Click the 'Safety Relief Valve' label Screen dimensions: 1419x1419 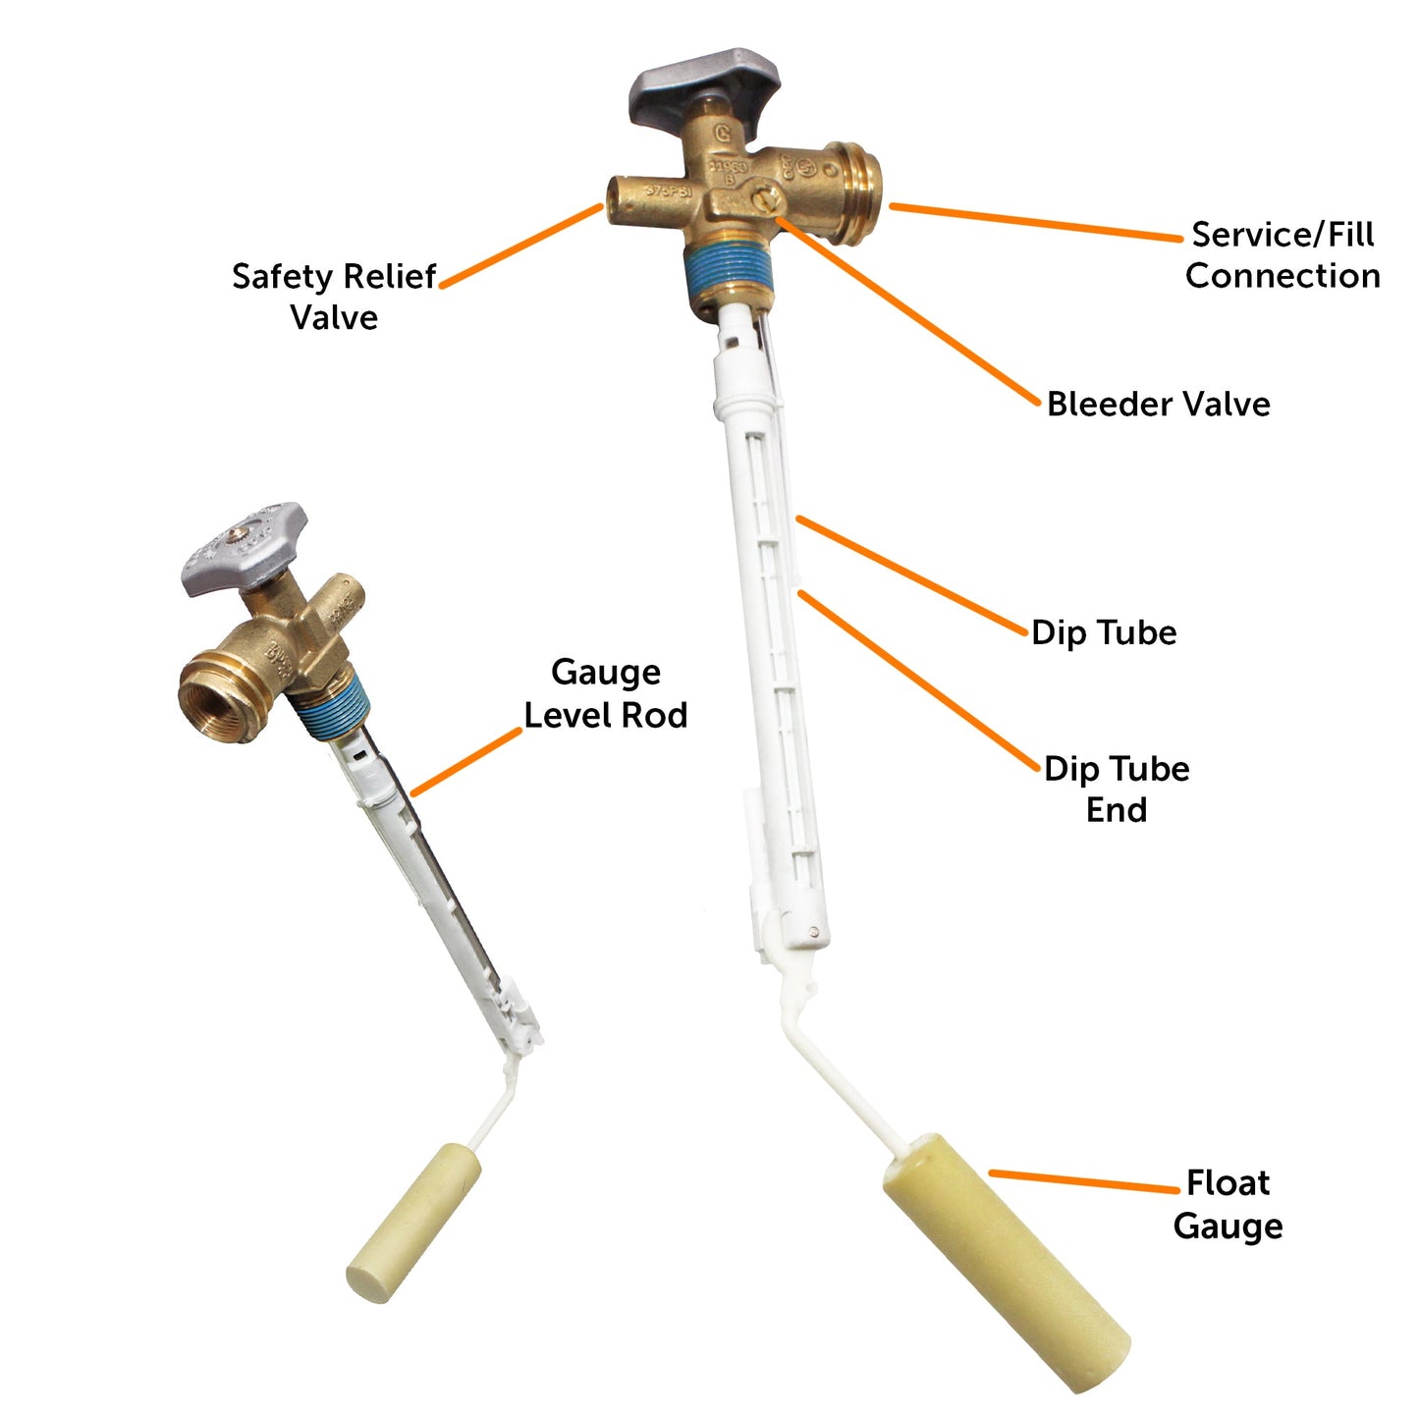click(x=334, y=297)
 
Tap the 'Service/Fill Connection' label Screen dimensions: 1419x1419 click(x=1282, y=255)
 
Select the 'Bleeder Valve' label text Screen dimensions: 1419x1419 click(x=1158, y=404)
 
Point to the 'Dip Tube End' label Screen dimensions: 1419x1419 click(x=1117, y=789)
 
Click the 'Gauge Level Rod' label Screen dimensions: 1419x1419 click(x=606, y=693)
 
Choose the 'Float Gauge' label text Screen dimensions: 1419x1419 click(x=1228, y=1204)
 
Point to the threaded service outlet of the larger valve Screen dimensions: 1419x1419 click(x=854, y=192)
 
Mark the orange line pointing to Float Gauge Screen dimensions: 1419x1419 click(x=1083, y=1181)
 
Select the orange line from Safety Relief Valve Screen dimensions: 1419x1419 click(x=520, y=246)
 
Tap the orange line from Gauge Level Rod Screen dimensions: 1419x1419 click(x=466, y=762)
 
